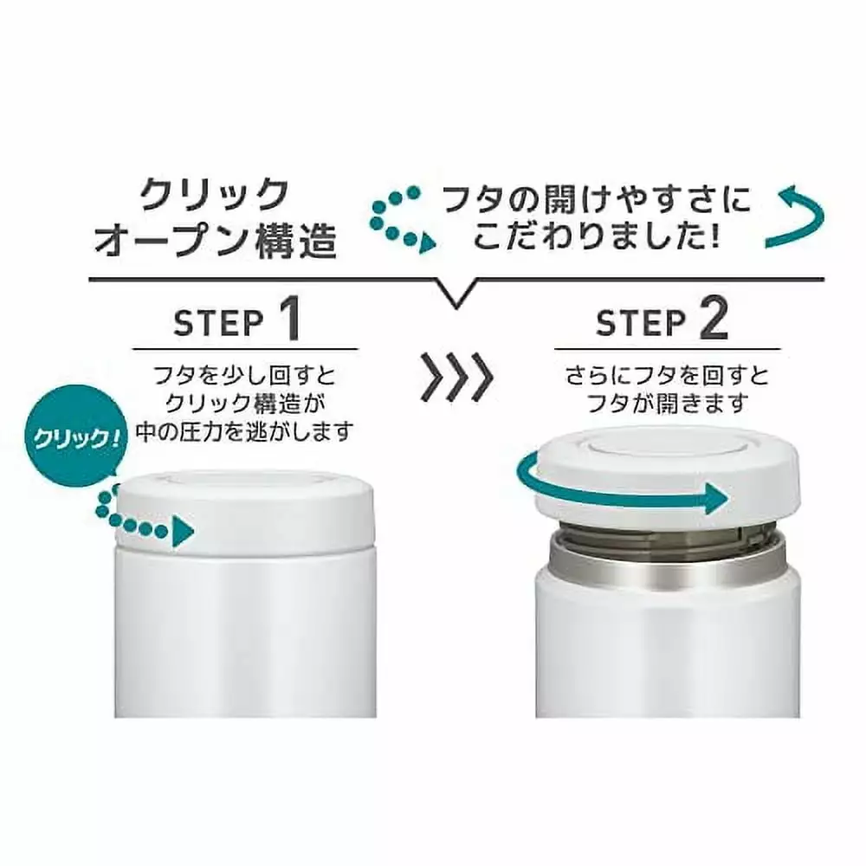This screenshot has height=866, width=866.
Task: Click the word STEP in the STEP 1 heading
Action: click(x=218, y=324)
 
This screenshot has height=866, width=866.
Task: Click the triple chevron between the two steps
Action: click(x=456, y=378)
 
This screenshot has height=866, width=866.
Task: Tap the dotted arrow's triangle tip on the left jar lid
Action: click(x=184, y=533)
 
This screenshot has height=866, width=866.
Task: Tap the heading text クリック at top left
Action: click(x=214, y=194)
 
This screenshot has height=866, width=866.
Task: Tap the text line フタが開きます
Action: click(x=667, y=403)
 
